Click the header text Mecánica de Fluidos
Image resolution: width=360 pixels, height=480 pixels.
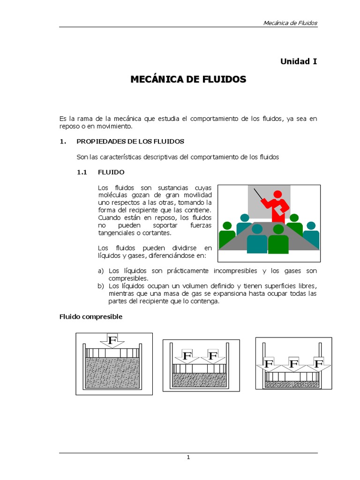(x=291, y=23)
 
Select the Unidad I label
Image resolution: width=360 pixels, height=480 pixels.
(x=299, y=61)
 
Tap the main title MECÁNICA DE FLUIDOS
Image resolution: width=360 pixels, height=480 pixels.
(x=188, y=80)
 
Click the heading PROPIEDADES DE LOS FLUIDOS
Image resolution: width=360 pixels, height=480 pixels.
(x=130, y=141)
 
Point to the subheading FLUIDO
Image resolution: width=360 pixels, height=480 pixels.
(x=111, y=172)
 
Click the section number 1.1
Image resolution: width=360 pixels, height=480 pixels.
(x=82, y=172)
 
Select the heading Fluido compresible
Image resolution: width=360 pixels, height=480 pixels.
(x=90, y=317)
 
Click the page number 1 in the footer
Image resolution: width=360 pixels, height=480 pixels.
(x=188, y=458)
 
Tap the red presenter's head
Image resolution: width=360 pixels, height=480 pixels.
(x=278, y=194)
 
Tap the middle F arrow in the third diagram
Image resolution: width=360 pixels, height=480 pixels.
(x=294, y=363)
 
